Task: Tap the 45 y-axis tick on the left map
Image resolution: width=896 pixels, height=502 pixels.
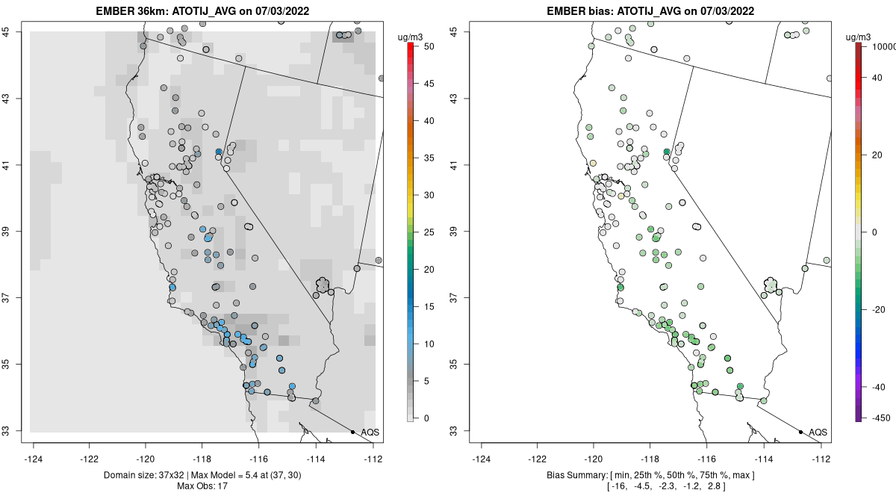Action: point(13,31)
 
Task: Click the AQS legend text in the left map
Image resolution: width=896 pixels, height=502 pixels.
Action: point(370,432)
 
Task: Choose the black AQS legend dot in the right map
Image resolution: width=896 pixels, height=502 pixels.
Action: point(800,432)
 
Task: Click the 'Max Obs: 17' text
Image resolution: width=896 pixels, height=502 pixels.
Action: point(202,486)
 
